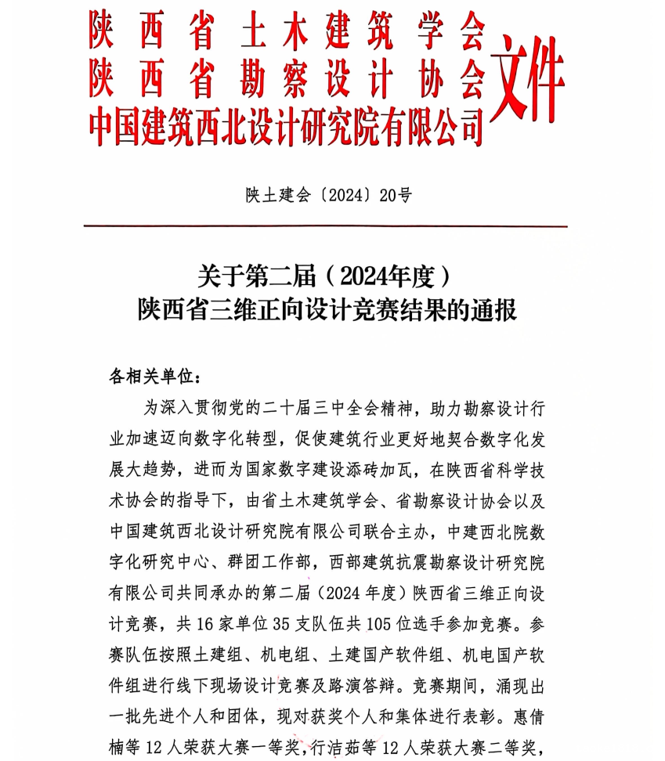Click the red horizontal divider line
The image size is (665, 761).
325,226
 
